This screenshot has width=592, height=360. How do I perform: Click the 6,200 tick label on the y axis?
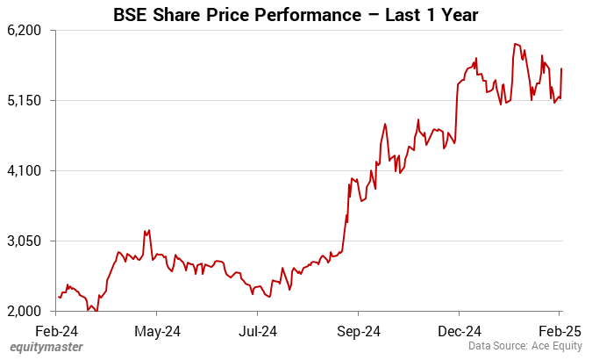tap(25, 30)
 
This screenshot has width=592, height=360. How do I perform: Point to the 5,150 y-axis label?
tap(25, 100)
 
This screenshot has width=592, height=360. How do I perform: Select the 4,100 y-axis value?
tap(25, 170)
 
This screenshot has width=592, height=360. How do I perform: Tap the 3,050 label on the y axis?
tap(25, 241)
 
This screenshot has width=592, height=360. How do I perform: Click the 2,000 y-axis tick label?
tap(25, 311)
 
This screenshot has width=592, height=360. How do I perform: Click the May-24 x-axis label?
tap(159, 331)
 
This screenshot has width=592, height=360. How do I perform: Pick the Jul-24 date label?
tap(258, 331)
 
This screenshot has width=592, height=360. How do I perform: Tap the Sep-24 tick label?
tap(359, 331)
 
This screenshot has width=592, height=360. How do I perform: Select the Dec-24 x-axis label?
tap(460, 331)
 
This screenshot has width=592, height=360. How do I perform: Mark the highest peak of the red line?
tap(516, 44)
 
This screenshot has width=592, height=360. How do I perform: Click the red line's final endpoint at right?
tap(561, 68)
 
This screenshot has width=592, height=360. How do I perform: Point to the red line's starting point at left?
tap(58, 297)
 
